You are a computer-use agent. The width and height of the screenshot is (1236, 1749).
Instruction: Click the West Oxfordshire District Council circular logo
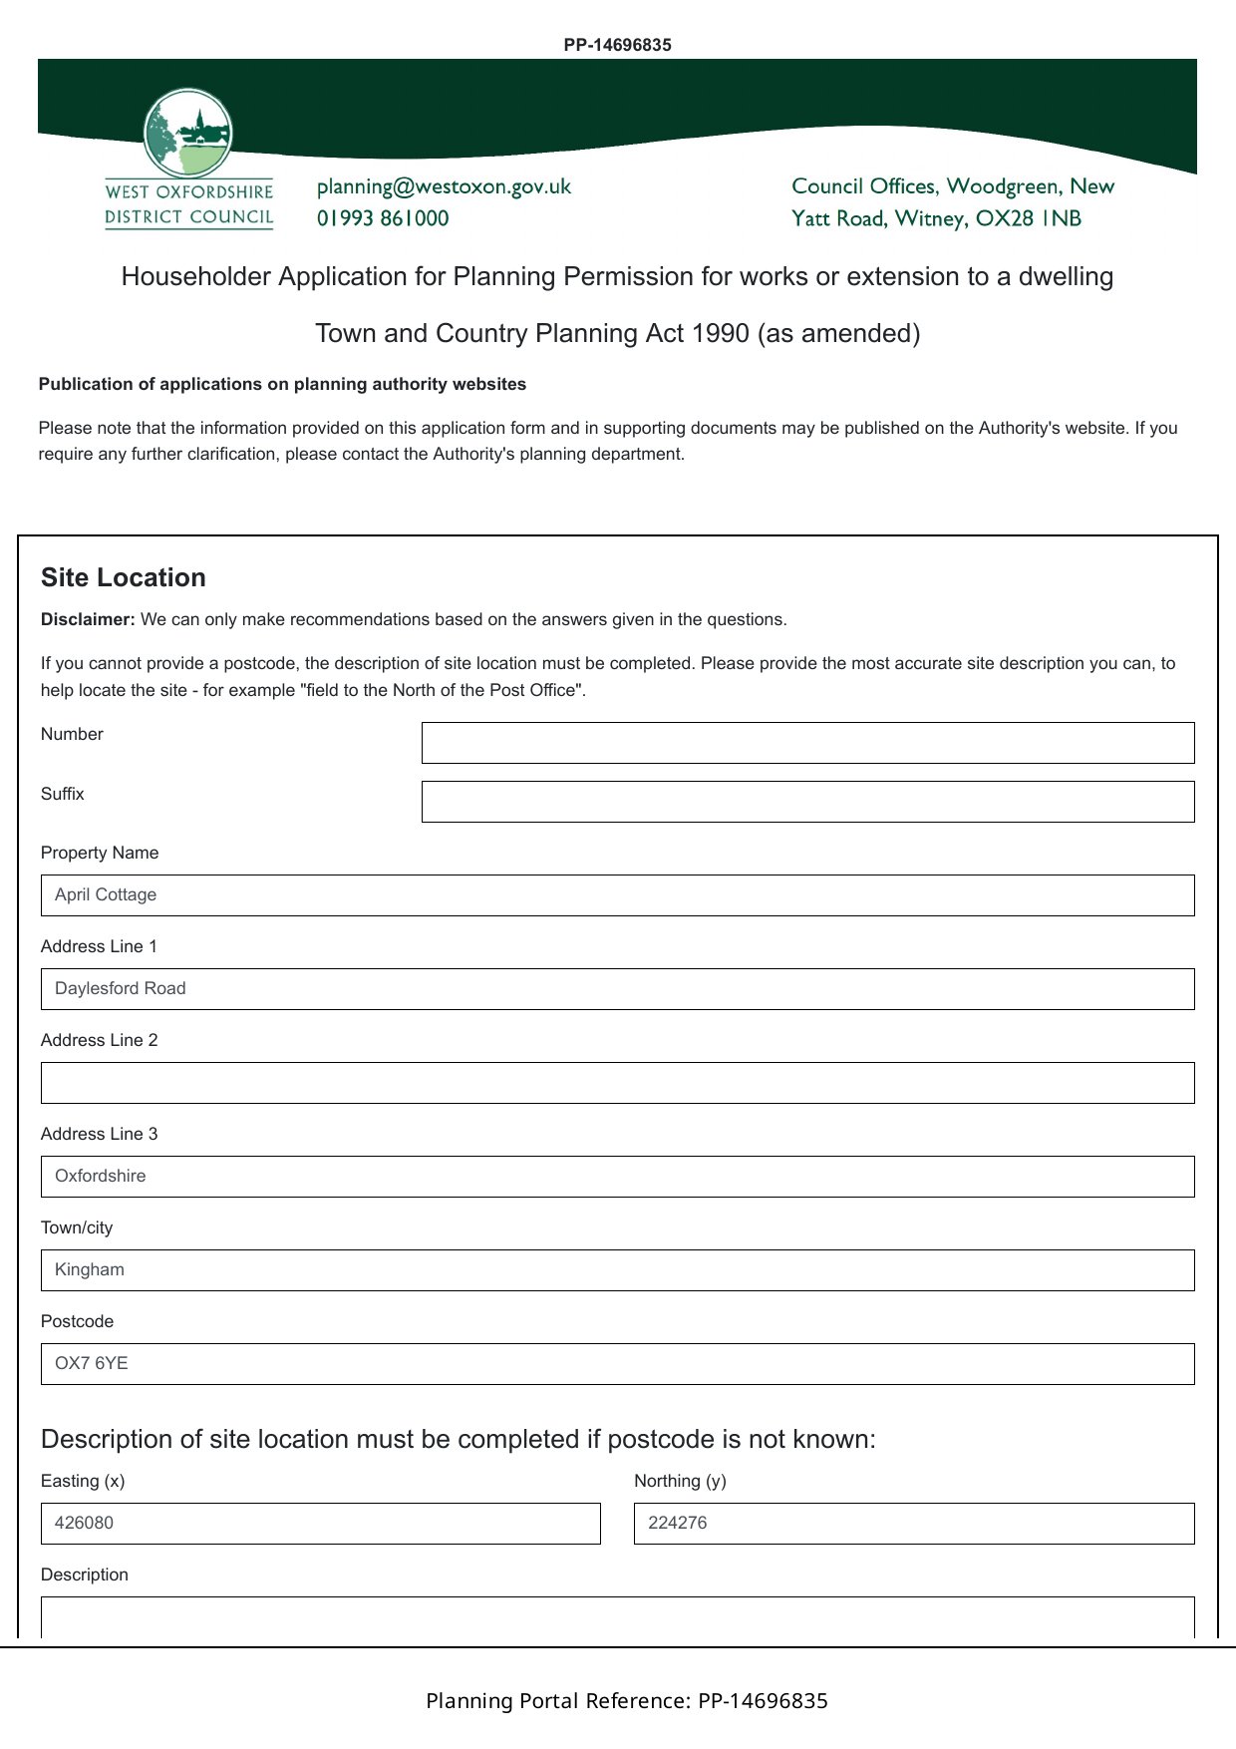click(x=188, y=134)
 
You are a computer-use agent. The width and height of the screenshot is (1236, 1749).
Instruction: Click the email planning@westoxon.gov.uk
click(x=444, y=186)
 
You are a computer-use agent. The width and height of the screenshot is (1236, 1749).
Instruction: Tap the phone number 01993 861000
click(x=383, y=218)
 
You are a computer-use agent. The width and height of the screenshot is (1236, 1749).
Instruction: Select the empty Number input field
click(x=807, y=743)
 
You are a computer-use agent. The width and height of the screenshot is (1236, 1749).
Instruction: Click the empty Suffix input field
click(x=807, y=802)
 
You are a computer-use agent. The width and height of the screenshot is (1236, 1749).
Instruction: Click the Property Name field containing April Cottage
click(x=617, y=895)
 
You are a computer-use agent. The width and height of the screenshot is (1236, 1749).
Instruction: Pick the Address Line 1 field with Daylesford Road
click(x=617, y=989)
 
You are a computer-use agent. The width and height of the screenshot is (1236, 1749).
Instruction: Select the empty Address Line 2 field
click(x=617, y=1083)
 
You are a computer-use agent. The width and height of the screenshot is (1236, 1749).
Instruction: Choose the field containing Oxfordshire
click(x=617, y=1177)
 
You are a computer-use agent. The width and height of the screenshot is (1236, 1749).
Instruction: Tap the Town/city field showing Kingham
click(x=617, y=1270)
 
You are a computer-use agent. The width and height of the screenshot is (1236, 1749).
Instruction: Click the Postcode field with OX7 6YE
click(x=617, y=1364)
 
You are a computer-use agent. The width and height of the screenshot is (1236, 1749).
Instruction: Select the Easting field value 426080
click(x=320, y=1524)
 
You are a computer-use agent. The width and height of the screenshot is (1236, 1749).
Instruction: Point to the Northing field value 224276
click(x=913, y=1524)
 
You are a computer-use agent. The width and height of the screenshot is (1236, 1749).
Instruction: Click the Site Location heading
click(x=124, y=577)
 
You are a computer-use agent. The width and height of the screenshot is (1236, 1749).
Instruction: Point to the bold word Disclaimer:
click(x=88, y=619)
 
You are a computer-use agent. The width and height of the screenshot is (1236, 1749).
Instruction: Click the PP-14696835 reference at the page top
click(x=617, y=45)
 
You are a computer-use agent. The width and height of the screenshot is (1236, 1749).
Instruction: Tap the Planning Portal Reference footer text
click(x=626, y=1701)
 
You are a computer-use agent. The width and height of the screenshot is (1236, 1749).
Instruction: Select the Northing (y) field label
click(x=680, y=1481)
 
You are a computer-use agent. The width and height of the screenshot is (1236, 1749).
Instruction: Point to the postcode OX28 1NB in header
click(x=1029, y=218)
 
